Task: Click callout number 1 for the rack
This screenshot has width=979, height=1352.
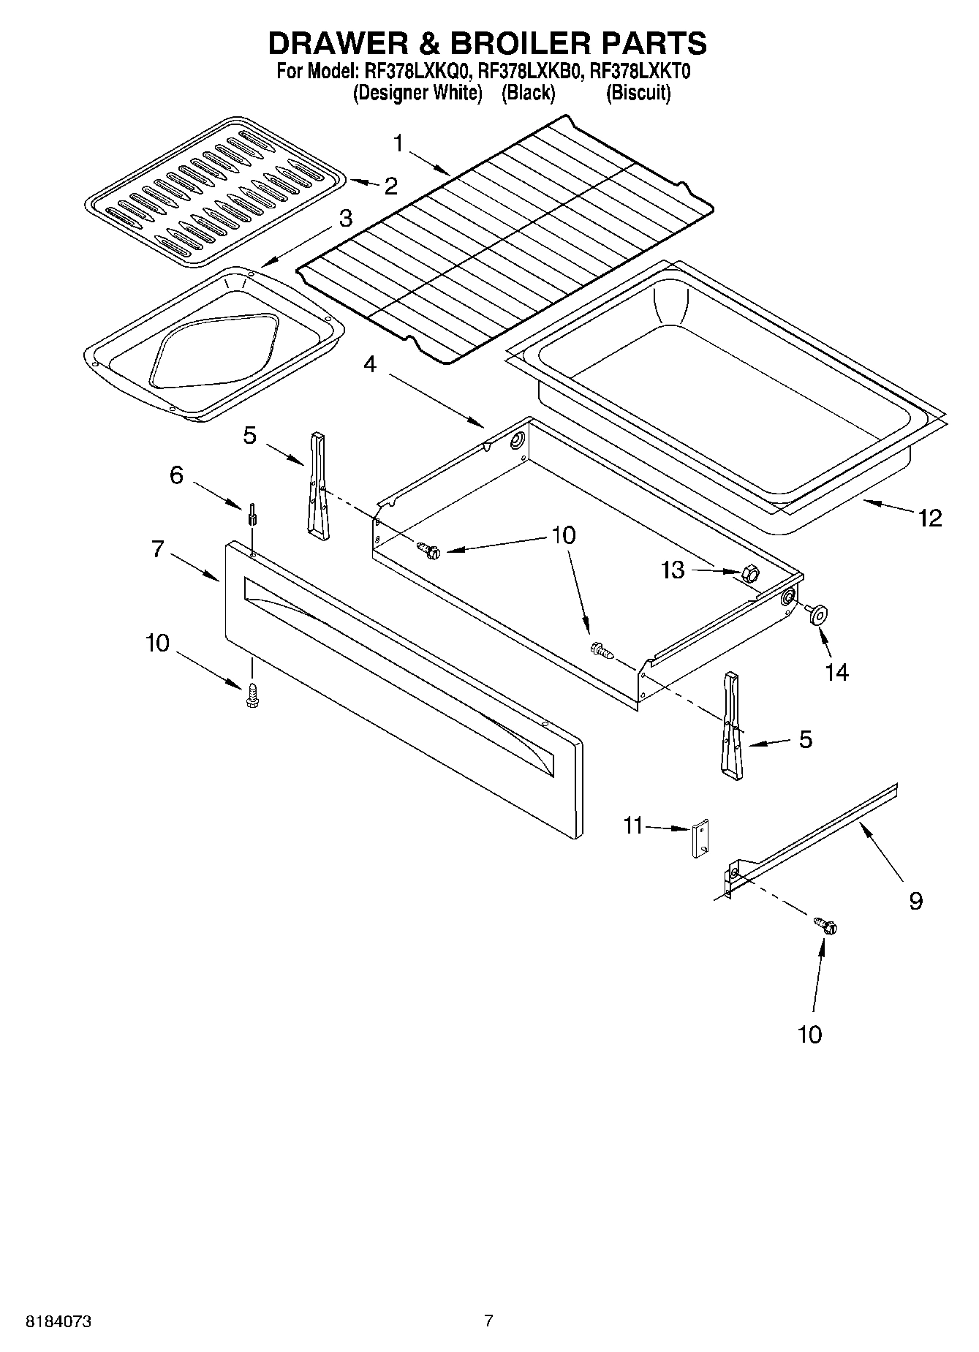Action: click(x=398, y=143)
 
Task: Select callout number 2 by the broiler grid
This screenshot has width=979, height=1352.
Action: click(x=391, y=186)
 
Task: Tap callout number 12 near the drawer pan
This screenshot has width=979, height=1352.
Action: click(x=930, y=518)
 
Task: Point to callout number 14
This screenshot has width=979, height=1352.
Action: click(x=837, y=671)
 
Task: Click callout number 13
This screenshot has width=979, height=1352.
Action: click(x=673, y=570)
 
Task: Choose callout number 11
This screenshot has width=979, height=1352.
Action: click(x=632, y=826)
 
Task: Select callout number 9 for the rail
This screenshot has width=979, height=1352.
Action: click(x=915, y=900)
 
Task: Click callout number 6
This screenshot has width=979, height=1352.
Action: click(x=176, y=475)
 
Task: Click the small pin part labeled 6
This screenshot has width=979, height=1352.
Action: click(x=252, y=513)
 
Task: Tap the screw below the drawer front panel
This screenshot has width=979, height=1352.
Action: click(x=253, y=694)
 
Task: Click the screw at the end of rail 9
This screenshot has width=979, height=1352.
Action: click(x=828, y=926)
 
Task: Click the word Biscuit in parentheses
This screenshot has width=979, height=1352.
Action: click(x=638, y=93)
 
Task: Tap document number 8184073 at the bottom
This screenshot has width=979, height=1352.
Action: click(x=58, y=1322)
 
